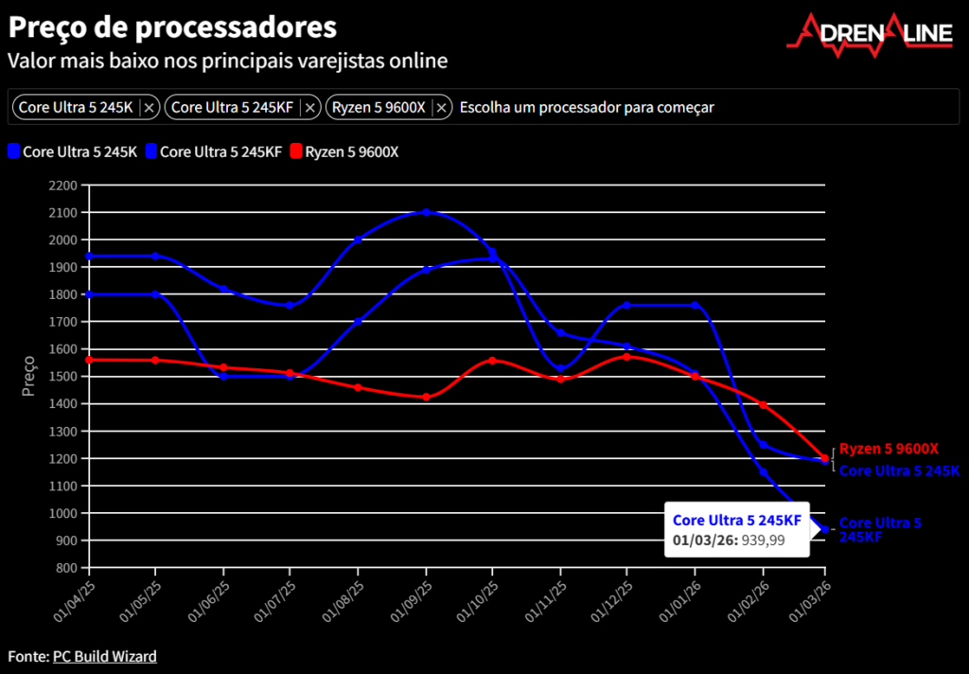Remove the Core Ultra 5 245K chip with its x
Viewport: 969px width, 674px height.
coord(149,108)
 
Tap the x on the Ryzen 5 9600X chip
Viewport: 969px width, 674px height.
coord(441,108)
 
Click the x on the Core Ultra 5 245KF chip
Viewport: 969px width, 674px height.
coord(309,108)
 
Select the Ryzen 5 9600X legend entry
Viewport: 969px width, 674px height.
coord(344,151)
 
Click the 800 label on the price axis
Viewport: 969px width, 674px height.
coord(67,568)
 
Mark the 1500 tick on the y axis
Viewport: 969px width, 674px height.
coord(64,377)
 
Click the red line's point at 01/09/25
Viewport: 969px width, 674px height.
coord(426,397)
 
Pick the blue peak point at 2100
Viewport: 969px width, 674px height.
coord(426,212)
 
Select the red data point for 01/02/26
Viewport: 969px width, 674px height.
coord(763,405)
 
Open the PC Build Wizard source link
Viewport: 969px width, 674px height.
coord(105,656)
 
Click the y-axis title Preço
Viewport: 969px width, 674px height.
coord(28,376)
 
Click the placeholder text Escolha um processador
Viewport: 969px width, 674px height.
coord(587,108)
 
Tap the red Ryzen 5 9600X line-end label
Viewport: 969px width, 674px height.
coord(889,449)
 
